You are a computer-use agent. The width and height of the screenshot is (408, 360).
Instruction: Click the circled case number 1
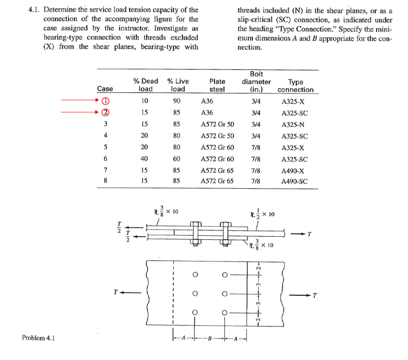tap(105, 101)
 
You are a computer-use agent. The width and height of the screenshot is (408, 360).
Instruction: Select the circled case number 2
tap(105, 112)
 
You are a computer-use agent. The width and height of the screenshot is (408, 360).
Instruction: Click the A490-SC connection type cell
tap(294, 181)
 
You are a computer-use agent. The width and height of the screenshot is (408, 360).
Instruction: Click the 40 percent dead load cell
tap(144, 158)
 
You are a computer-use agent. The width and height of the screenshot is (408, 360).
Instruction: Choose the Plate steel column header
tap(217, 85)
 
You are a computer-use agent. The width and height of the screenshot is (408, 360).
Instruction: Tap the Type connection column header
tap(295, 85)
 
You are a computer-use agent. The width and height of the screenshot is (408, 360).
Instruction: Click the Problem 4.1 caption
tap(38, 338)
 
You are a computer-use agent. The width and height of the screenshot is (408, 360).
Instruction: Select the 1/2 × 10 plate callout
tap(263, 214)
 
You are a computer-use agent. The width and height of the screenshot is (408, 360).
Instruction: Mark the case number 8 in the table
tap(105, 181)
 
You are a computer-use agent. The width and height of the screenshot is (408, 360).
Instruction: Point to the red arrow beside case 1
tap(80, 101)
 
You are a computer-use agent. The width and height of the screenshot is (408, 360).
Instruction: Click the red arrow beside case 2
tap(80, 112)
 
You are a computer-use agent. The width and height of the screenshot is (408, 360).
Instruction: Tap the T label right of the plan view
tap(315, 295)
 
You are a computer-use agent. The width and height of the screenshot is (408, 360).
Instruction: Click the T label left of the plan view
tap(115, 292)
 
